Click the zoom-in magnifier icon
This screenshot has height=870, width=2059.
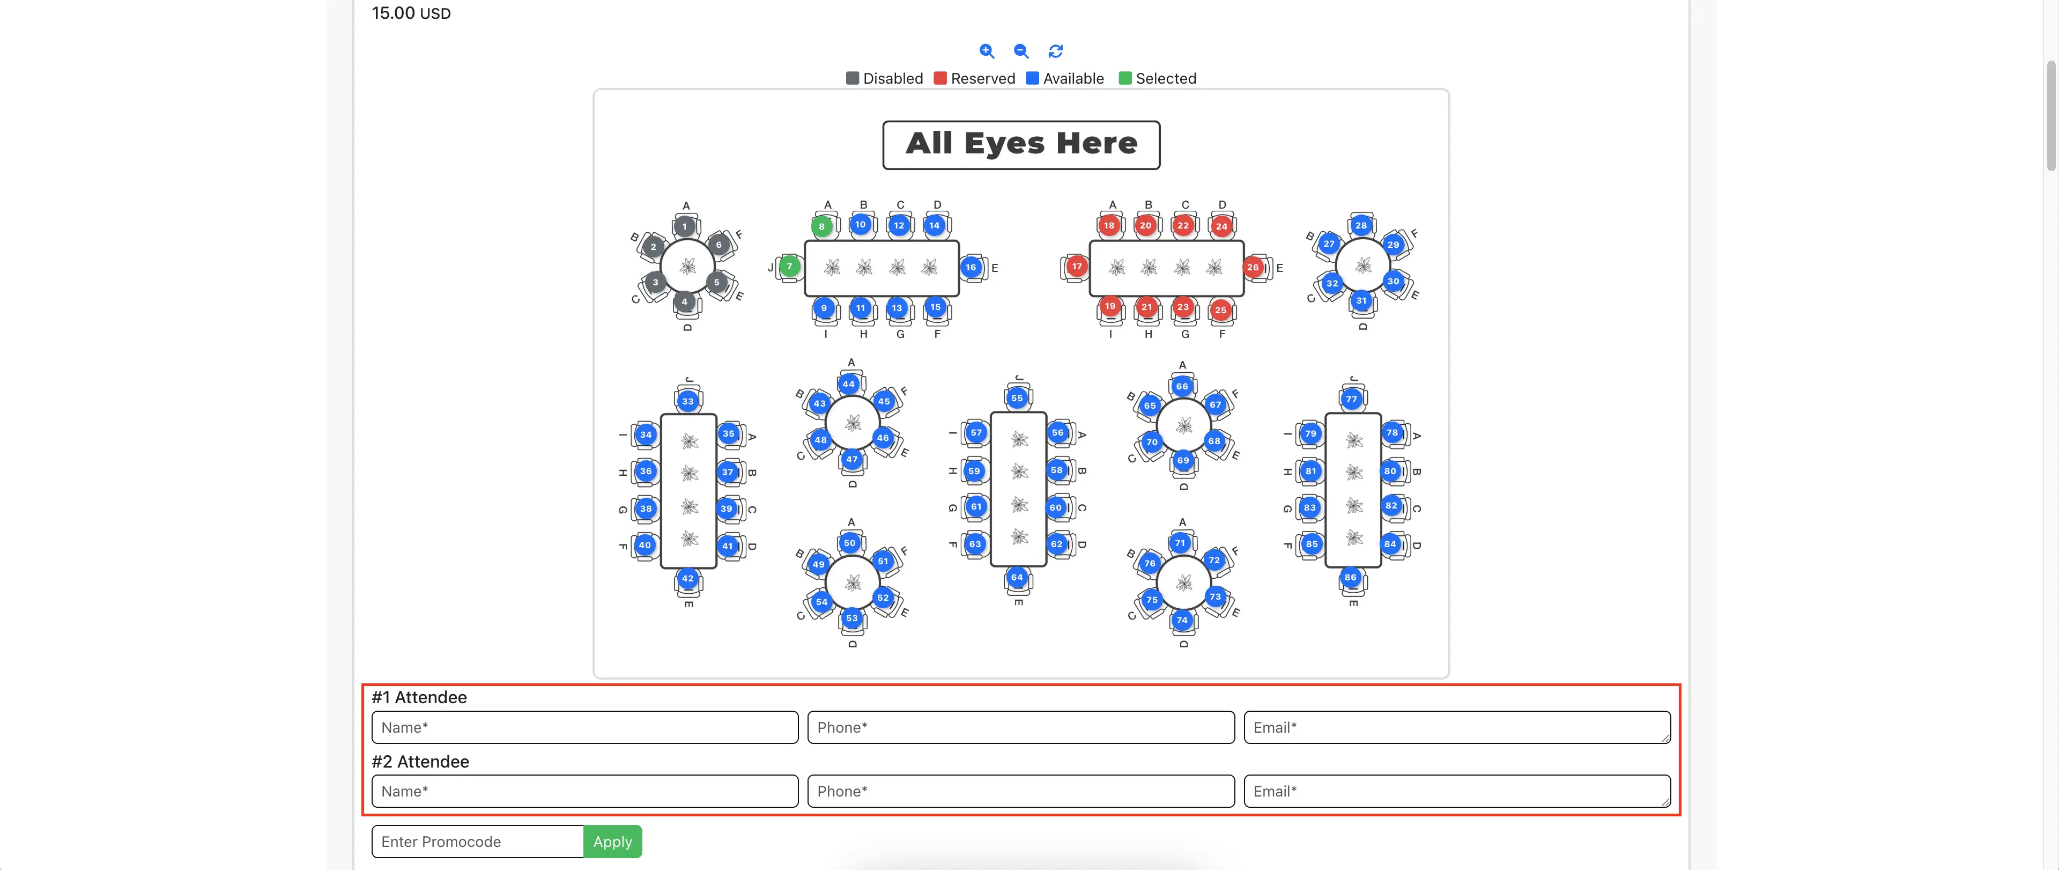click(x=987, y=51)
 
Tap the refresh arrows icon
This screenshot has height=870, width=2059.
click(x=1056, y=51)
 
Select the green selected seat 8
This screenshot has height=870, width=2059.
click(x=821, y=226)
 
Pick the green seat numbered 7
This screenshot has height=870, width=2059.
click(x=790, y=266)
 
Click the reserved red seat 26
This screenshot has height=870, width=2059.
click(x=1253, y=267)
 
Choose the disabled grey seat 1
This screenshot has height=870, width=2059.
click(x=684, y=226)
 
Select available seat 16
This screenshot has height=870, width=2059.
click(x=971, y=267)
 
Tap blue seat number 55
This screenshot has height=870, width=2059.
click(x=1017, y=397)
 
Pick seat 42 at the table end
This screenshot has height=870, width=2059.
click(x=688, y=578)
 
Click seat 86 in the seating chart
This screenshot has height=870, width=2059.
click(x=1350, y=577)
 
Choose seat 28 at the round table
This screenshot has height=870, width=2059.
click(x=1361, y=225)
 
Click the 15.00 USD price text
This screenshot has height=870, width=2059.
click(x=411, y=13)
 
